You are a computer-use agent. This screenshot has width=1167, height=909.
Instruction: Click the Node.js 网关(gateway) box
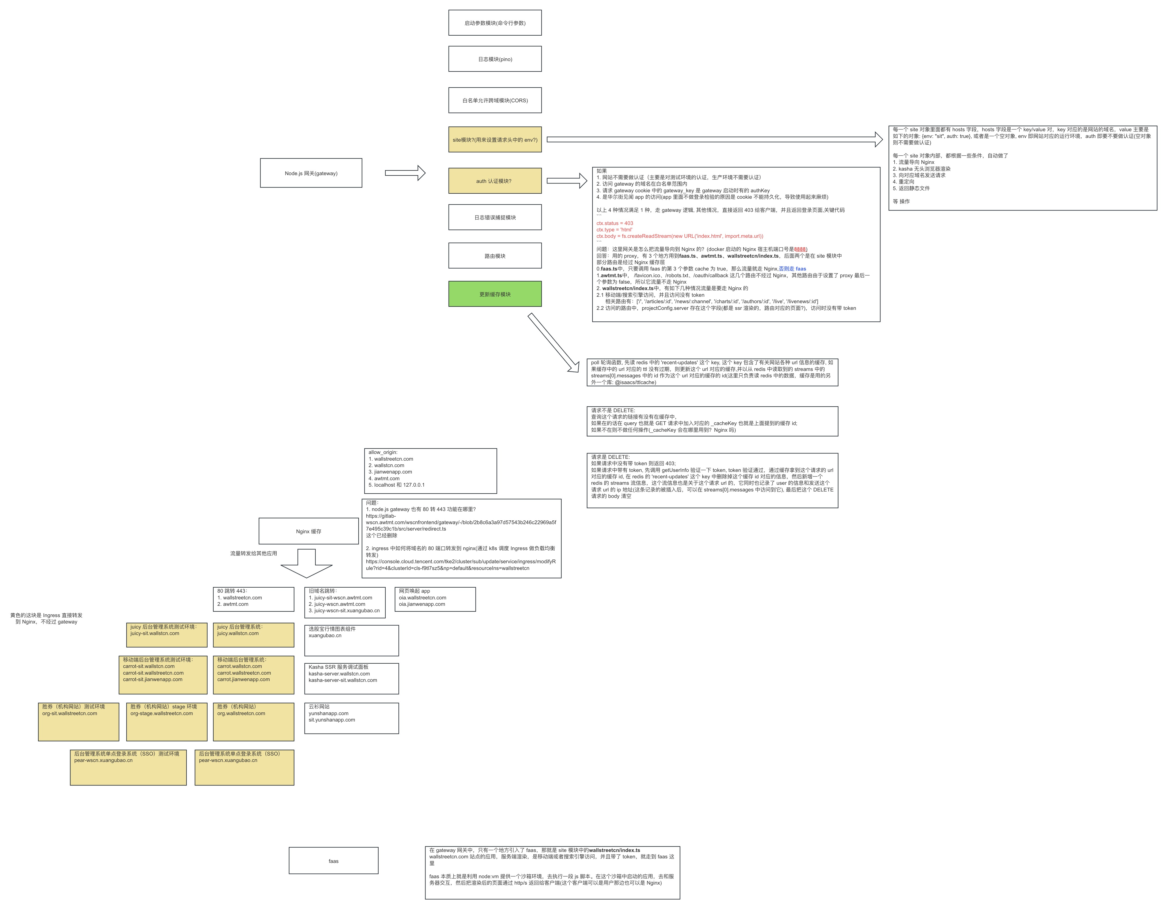point(311,173)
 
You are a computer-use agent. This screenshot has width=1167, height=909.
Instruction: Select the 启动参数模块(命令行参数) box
point(495,23)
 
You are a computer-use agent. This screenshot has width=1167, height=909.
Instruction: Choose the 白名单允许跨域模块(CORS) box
point(495,100)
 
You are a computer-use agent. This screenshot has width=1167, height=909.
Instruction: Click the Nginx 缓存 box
point(308,531)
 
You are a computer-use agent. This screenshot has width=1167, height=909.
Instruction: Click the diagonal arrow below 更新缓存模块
point(553,342)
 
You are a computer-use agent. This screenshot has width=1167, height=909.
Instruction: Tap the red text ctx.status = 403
point(615,223)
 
